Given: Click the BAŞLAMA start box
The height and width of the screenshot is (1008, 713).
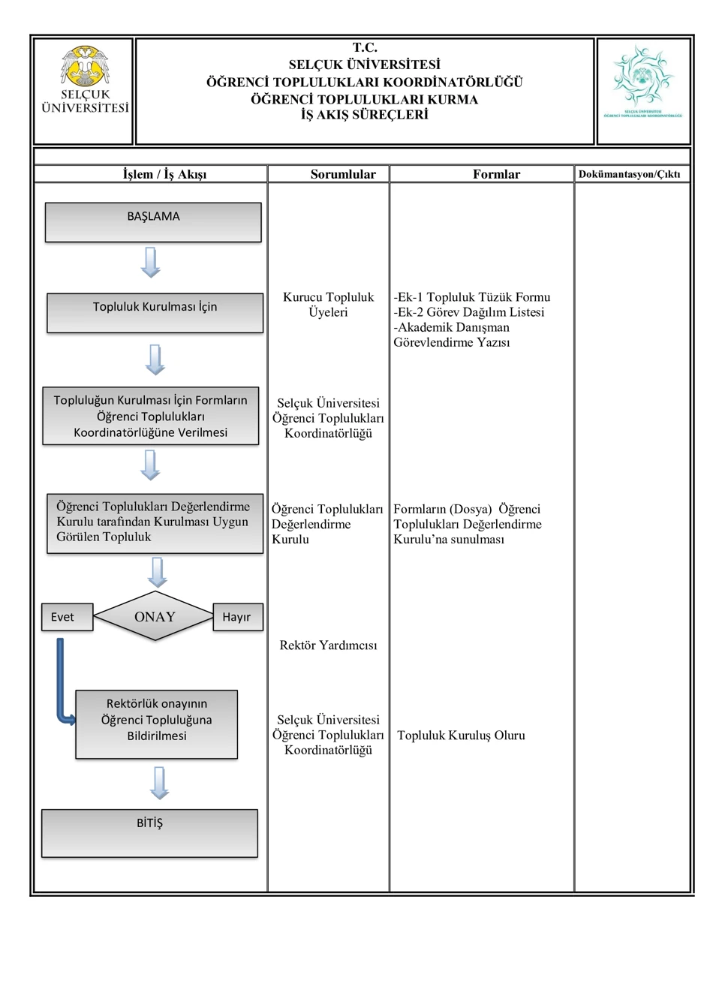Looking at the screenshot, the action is click(x=153, y=222).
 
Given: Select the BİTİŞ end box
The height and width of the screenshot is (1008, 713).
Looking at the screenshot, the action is click(x=150, y=833).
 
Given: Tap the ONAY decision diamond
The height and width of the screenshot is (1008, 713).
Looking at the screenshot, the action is click(x=154, y=616).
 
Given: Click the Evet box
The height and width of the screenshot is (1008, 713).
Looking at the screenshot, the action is click(x=68, y=617).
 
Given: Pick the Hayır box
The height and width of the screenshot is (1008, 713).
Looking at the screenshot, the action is click(x=238, y=617).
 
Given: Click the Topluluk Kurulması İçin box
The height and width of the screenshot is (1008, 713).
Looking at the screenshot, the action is click(x=155, y=313).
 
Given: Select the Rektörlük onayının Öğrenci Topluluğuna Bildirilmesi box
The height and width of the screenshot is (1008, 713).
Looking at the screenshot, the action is click(x=157, y=724).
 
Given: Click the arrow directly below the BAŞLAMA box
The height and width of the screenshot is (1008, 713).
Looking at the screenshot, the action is click(x=151, y=263).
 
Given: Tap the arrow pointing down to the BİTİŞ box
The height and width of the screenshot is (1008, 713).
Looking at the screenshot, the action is click(x=159, y=783).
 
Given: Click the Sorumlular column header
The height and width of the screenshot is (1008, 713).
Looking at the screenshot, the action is click(x=343, y=174).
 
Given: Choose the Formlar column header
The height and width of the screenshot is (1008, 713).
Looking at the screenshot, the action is click(x=496, y=174).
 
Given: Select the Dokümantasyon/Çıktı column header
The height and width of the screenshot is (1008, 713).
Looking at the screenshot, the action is click(x=629, y=174).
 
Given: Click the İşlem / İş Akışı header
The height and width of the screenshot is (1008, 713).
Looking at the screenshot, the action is click(x=164, y=174).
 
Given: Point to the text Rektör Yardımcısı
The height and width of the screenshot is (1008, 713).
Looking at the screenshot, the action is click(x=328, y=645).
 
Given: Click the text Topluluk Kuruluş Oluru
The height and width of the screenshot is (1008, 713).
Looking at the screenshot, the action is click(x=461, y=735).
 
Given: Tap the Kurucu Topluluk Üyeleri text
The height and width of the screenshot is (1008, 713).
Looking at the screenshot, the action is click(x=328, y=304).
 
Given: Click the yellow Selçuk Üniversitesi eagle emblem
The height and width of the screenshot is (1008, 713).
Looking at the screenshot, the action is click(x=85, y=66).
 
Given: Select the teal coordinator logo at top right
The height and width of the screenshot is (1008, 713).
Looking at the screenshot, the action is click(x=642, y=81).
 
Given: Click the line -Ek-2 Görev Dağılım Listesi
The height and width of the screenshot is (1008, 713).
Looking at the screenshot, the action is click(x=469, y=311).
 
